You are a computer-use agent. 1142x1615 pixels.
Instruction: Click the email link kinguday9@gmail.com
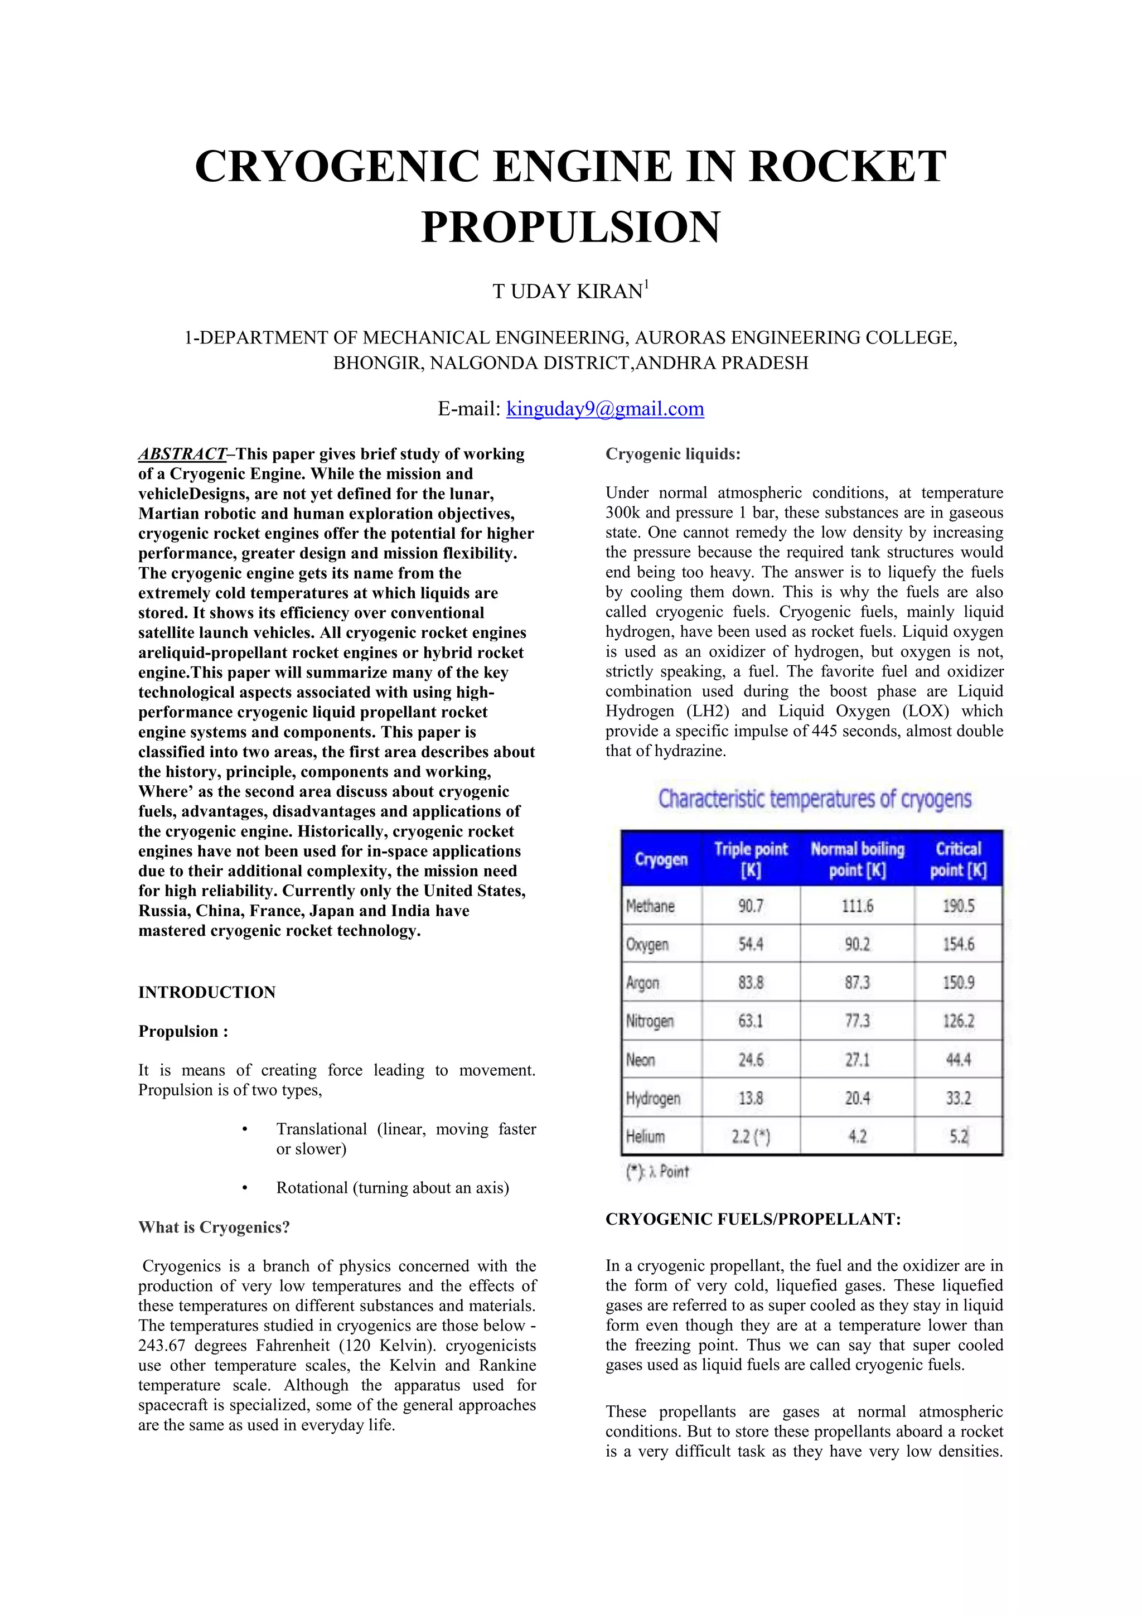(x=605, y=409)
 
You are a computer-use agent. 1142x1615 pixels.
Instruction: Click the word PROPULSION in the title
(x=570, y=226)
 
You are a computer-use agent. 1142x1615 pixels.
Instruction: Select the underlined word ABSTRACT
(x=182, y=454)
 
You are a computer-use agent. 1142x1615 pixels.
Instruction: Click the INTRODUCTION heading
(x=207, y=993)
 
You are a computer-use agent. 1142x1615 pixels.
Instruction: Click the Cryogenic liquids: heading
(x=673, y=454)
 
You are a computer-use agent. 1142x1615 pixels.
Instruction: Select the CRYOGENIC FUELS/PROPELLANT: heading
(x=752, y=1220)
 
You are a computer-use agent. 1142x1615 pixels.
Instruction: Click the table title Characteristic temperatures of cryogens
(x=814, y=799)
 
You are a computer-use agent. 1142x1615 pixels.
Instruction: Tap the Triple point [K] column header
(x=751, y=859)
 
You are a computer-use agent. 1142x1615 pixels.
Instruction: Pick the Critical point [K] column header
(x=958, y=859)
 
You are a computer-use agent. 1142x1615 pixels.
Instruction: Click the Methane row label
(x=651, y=906)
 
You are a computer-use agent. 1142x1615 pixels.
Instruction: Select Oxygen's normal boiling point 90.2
(x=857, y=945)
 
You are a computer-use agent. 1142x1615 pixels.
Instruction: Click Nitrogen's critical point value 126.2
(x=958, y=1021)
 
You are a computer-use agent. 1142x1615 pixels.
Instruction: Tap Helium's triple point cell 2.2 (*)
(x=751, y=1137)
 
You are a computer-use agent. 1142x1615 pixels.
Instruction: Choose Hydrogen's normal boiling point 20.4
(x=857, y=1099)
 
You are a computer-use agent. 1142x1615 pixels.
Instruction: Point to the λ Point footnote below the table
(x=657, y=1172)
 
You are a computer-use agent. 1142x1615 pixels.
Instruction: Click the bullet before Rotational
(x=244, y=1188)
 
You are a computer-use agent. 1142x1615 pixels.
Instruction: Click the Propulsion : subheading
(x=183, y=1032)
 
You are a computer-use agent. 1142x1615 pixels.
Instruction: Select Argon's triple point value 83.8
(x=751, y=983)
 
